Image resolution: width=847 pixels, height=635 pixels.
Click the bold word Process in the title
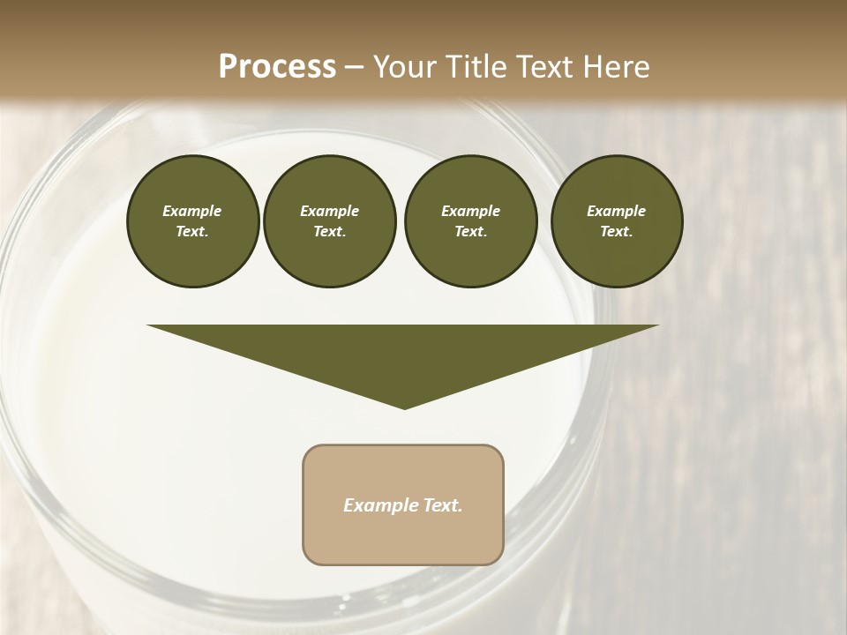click(x=277, y=67)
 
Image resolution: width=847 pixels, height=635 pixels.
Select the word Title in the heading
click(x=472, y=67)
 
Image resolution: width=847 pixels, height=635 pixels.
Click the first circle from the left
click(x=192, y=221)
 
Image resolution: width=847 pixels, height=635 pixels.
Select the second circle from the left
click(x=329, y=221)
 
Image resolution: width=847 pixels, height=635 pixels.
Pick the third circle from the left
click(x=470, y=221)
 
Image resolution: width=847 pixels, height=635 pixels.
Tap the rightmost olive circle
click(x=616, y=221)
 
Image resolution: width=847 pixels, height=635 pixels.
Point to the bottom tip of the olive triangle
click(x=404, y=407)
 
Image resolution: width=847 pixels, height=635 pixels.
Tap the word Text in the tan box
click(x=443, y=505)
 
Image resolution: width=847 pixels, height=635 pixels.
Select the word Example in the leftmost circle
click(x=192, y=211)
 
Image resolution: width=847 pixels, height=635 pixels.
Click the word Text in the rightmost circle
click(x=616, y=232)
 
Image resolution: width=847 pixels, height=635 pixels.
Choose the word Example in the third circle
click(x=470, y=211)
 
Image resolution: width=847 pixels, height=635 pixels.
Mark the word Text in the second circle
click(x=329, y=232)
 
